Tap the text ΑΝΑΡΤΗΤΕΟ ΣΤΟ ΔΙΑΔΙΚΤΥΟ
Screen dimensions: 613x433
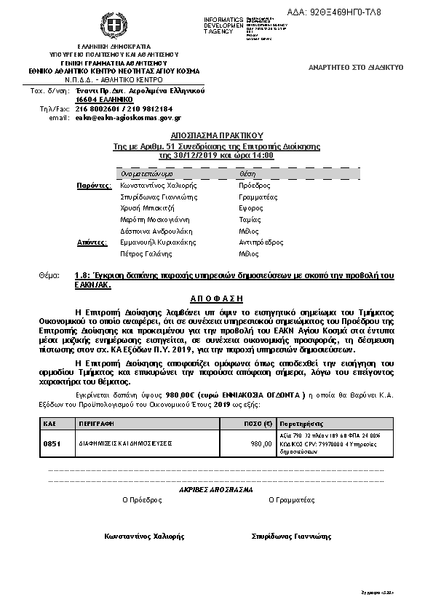point(356,67)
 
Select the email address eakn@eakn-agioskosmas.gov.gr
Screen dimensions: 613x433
point(128,117)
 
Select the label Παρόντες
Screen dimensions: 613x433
point(93,186)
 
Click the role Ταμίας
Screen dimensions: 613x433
point(250,219)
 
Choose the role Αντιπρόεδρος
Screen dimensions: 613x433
point(261,242)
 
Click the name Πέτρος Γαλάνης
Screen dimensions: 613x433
point(146,254)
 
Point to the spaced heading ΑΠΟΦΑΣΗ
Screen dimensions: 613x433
point(216,298)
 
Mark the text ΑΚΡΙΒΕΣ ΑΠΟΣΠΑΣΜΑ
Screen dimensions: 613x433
point(216,489)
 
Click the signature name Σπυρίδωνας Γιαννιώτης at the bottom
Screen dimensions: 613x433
point(291,537)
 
